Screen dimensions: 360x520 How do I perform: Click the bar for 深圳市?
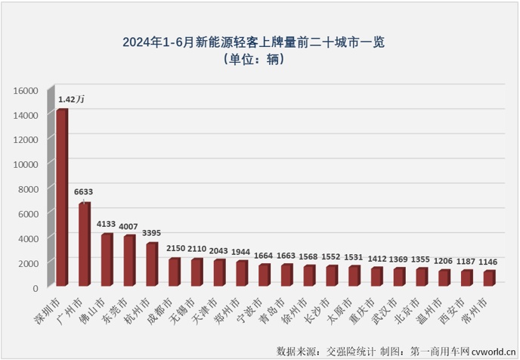click(x=62, y=198)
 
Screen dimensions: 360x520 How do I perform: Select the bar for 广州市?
click(x=85, y=245)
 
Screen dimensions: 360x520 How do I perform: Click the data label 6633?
click(x=84, y=192)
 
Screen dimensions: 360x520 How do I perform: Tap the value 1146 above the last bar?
click(x=490, y=261)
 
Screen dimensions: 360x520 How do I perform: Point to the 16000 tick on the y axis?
click(x=25, y=91)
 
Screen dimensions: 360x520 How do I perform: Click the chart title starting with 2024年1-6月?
click(x=259, y=42)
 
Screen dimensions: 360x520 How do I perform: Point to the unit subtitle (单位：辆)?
click(x=259, y=60)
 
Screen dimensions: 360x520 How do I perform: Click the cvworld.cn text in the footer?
click(x=491, y=351)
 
